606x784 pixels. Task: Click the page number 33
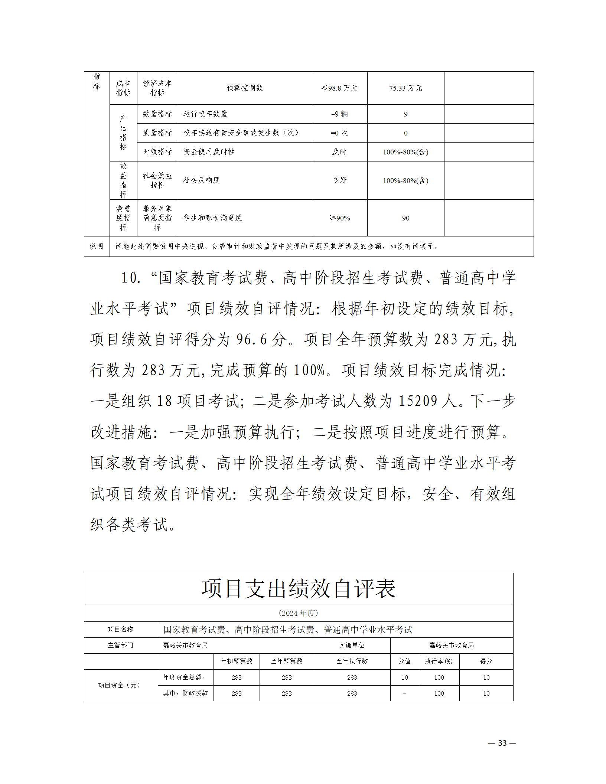[502, 743]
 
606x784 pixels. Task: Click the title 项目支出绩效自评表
[299, 588]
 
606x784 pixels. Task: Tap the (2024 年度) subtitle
[299, 613]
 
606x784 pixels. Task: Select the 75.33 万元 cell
[405, 88]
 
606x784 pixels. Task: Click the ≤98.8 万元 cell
[339, 88]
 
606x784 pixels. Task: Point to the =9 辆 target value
[339, 114]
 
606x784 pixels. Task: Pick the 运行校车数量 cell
[205, 114]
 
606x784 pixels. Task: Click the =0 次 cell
[339, 133]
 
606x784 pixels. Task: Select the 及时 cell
[339, 152]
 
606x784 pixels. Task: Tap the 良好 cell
[339, 180]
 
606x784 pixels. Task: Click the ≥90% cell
[339, 218]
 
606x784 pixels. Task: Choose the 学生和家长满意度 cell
[213, 218]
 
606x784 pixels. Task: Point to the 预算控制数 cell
[245, 88]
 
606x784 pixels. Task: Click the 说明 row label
[97, 246]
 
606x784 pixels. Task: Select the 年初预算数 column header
[237, 661]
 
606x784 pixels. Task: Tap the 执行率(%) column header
[439, 661]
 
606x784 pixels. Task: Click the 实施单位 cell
[352, 645]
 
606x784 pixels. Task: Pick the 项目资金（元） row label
[120, 685]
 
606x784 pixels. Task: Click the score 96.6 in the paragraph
[251, 339]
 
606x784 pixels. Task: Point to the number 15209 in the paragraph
[418, 401]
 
